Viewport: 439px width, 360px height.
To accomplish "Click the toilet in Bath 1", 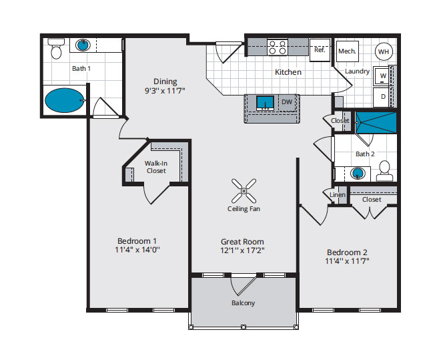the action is pyautogui.click(x=56, y=49).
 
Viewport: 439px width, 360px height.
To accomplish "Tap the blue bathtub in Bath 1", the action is pyautogui.click(x=65, y=100).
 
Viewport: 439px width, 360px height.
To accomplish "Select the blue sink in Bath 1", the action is pyautogui.click(x=83, y=45).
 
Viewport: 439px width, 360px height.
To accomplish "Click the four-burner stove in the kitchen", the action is pyautogui.click(x=278, y=47).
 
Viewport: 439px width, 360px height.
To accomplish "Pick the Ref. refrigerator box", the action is pyautogui.click(x=320, y=50).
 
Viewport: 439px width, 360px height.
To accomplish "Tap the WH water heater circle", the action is pyautogui.click(x=384, y=51).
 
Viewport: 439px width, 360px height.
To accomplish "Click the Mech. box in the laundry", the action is pyautogui.click(x=348, y=51).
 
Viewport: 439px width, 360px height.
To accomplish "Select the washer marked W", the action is pyautogui.click(x=382, y=76).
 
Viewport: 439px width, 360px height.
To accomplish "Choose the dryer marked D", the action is pyautogui.click(x=382, y=97).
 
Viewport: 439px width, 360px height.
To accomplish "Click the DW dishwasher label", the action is pyautogui.click(x=287, y=102).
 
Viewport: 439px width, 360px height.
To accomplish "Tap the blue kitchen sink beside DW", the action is pyautogui.click(x=265, y=103).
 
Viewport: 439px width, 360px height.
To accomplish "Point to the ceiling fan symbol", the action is pyautogui.click(x=244, y=191).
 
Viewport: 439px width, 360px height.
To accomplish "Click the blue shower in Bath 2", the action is pyautogui.click(x=376, y=123).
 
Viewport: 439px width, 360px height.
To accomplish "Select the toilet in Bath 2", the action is pyautogui.click(x=385, y=171).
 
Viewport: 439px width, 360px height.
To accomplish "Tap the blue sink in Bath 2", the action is pyautogui.click(x=358, y=174).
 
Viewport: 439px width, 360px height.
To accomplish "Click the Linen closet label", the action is pyautogui.click(x=338, y=194).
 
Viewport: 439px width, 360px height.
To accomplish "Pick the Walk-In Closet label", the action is pyautogui.click(x=156, y=167).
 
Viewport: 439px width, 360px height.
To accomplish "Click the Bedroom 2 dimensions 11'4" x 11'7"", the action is pyautogui.click(x=347, y=261).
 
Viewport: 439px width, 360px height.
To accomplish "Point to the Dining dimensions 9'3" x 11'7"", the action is pyautogui.click(x=165, y=91).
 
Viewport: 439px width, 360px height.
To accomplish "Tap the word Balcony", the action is pyautogui.click(x=243, y=303).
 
